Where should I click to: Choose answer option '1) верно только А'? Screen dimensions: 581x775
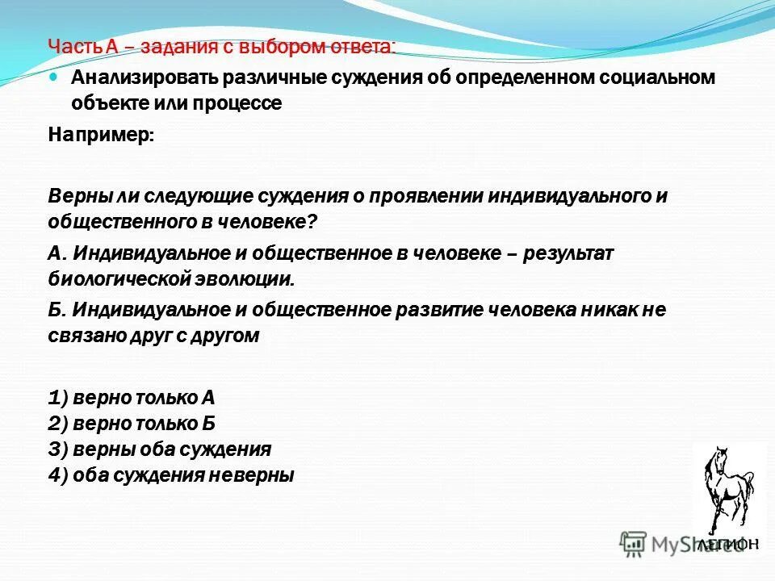[x=132, y=398]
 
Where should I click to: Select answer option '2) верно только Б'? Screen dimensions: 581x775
[x=132, y=424]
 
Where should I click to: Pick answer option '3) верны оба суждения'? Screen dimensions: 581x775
[x=159, y=449]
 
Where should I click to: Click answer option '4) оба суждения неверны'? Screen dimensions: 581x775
[x=170, y=475]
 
